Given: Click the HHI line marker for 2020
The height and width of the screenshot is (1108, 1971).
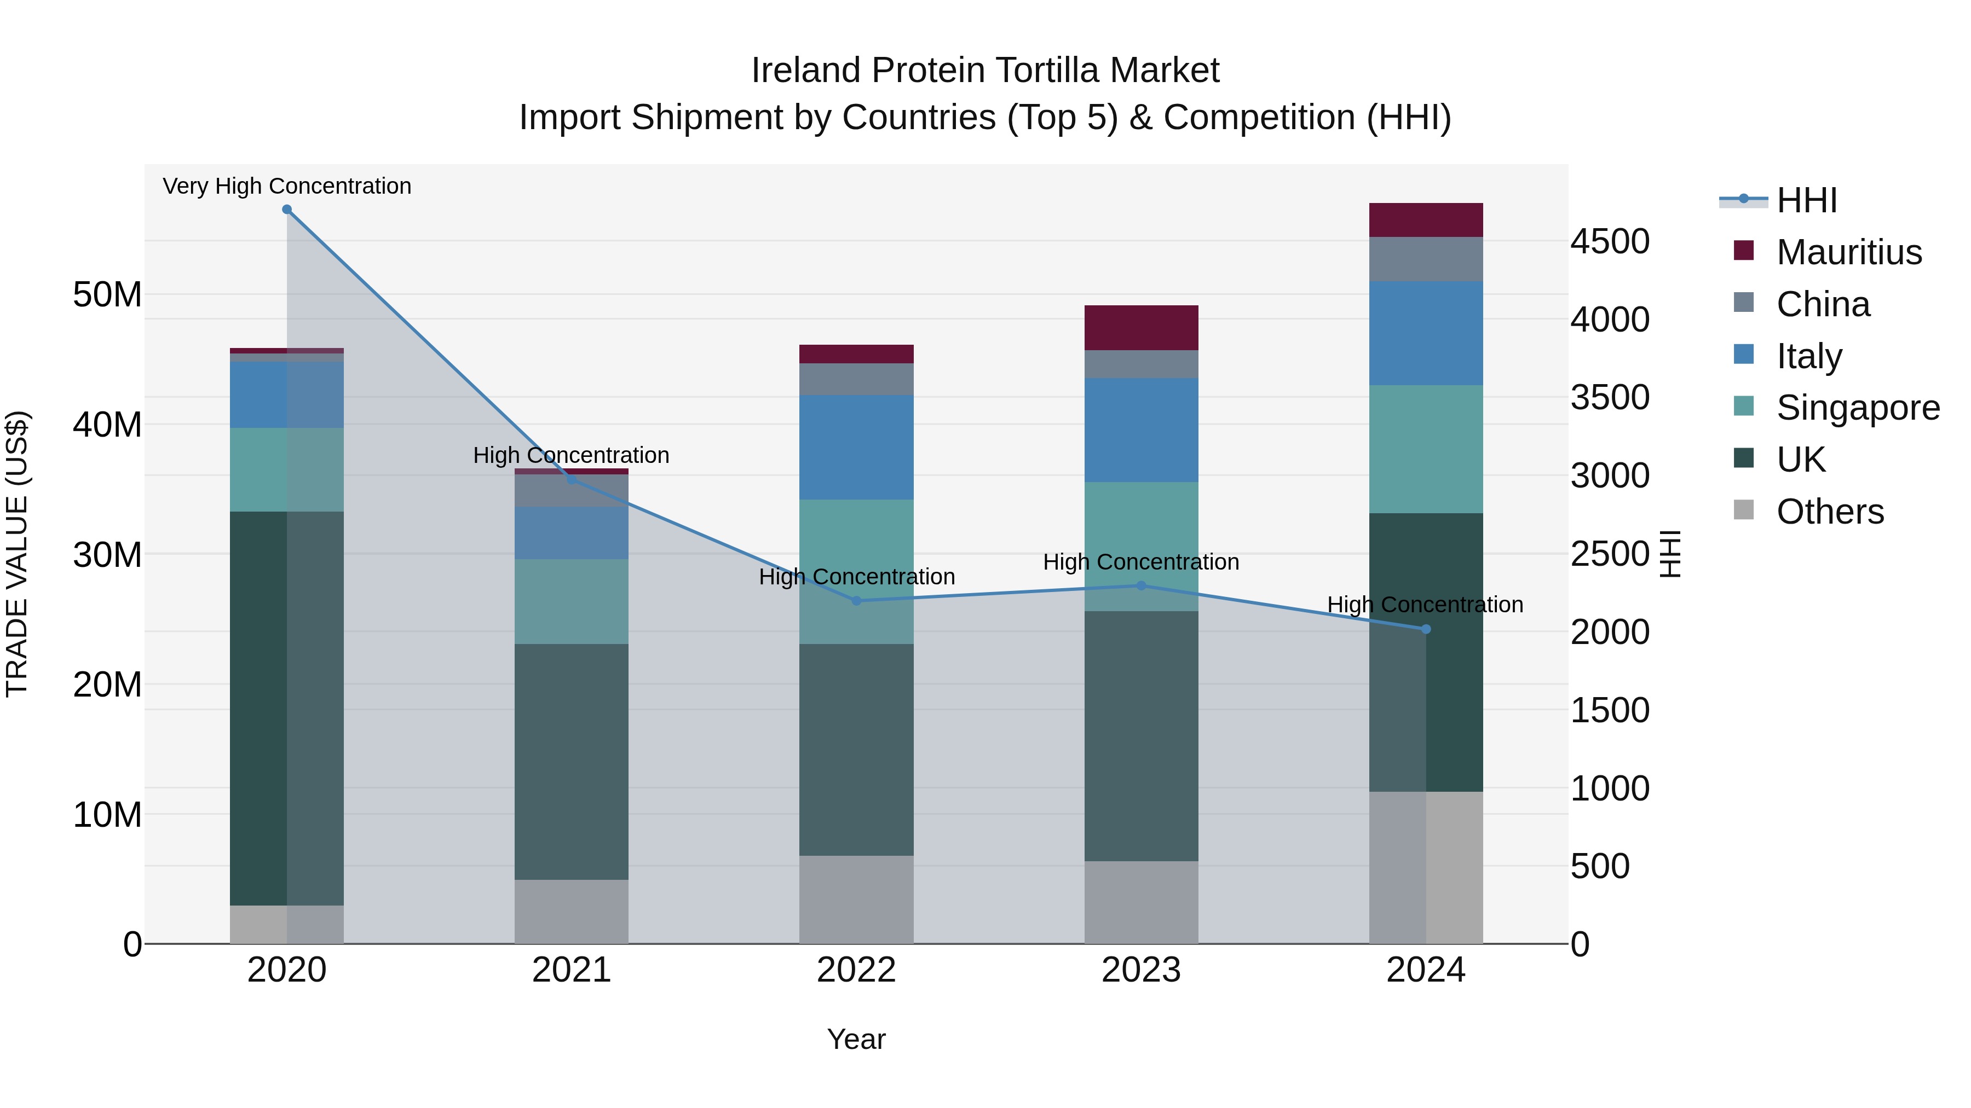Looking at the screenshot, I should (x=287, y=210).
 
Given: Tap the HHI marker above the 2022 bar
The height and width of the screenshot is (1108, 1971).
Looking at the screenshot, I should (x=856, y=601).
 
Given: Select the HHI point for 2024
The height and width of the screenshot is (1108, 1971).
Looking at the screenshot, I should (x=1426, y=629).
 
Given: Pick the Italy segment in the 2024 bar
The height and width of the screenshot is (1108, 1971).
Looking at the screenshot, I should (x=1426, y=333).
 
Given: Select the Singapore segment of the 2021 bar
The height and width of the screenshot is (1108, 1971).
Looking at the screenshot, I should (x=571, y=602).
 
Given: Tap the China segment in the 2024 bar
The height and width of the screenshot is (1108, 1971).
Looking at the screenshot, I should (x=1426, y=259).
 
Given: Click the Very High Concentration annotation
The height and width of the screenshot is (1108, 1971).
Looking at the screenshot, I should (x=287, y=187).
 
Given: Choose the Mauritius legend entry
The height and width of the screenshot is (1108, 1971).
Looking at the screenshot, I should (x=1848, y=252).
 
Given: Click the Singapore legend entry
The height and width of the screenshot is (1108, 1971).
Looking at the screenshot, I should (x=1857, y=408).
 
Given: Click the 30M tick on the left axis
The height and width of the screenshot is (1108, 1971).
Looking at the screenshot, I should (x=107, y=554).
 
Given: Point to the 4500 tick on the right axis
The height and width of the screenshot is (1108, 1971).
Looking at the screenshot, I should (x=1610, y=242).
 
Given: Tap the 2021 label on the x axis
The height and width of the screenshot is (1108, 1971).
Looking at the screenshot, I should (x=571, y=970).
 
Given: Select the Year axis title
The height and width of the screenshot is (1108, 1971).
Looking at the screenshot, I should (x=856, y=1039).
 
